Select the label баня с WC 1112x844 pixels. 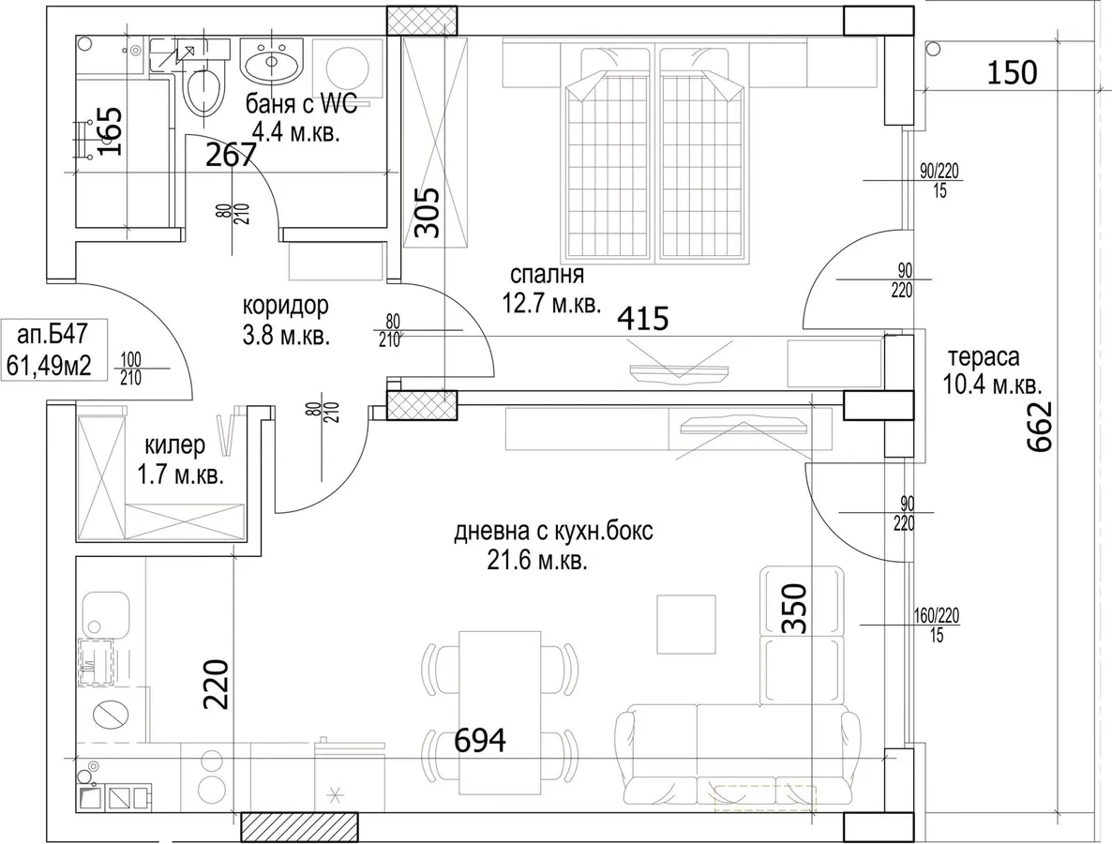click(x=302, y=105)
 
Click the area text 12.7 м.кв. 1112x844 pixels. click(x=551, y=304)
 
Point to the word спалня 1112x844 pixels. click(x=547, y=275)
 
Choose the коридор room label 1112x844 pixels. click(x=286, y=306)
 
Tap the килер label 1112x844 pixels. click(x=175, y=445)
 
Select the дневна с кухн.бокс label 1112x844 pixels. click(x=553, y=531)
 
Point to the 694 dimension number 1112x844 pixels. click(x=480, y=741)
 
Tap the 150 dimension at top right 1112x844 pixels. click(x=1012, y=72)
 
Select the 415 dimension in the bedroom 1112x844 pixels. click(x=643, y=319)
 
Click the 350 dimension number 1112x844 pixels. click(x=795, y=608)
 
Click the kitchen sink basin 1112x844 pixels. click(x=105, y=615)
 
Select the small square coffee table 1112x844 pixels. click(x=685, y=625)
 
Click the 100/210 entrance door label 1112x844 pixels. click(x=130, y=369)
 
